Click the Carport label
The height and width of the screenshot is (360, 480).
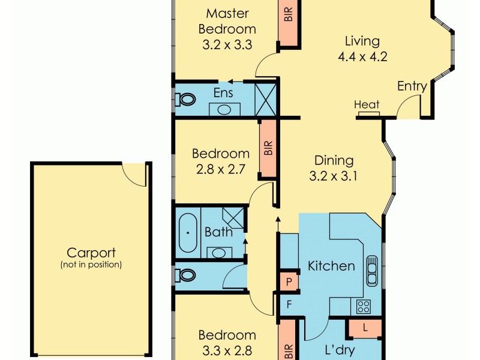(x=91, y=253)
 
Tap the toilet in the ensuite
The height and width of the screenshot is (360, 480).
(x=185, y=100)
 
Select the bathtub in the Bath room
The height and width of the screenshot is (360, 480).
(x=188, y=233)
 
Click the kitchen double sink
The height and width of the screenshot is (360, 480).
(x=372, y=271)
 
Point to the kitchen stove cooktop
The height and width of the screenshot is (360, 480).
(x=364, y=306)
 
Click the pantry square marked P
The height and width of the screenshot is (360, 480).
(x=289, y=281)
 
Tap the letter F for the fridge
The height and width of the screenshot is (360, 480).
(x=289, y=304)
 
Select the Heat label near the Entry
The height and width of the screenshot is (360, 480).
(x=367, y=104)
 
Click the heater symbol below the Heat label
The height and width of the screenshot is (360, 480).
(x=369, y=114)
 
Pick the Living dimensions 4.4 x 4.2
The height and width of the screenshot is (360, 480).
(x=362, y=56)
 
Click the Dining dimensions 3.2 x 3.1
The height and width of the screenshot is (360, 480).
(x=333, y=176)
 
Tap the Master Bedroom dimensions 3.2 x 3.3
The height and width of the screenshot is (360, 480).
(x=227, y=44)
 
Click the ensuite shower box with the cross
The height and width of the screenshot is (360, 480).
(x=266, y=99)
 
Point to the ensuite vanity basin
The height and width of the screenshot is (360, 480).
(x=224, y=109)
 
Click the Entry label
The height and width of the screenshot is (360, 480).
(x=412, y=86)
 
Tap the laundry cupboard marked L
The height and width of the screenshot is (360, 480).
(x=365, y=328)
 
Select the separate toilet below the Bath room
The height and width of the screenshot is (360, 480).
(x=185, y=275)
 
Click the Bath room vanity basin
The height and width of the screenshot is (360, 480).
(x=219, y=253)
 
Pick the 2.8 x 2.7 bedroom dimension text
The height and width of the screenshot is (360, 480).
(x=220, y=169)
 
